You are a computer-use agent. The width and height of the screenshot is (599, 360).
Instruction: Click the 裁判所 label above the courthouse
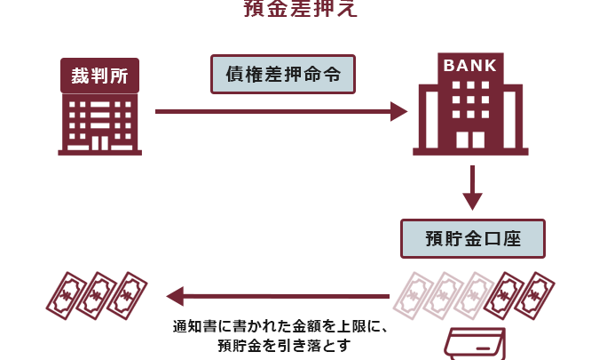(x=99, y=76)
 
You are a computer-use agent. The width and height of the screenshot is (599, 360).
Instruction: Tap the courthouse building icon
(x=99, y=124)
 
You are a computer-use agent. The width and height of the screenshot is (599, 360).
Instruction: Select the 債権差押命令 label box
(x=283, y=75)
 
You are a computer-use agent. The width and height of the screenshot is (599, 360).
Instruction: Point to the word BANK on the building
(x=471, y=65)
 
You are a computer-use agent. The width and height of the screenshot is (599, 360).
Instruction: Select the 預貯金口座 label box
(x=472, y=238)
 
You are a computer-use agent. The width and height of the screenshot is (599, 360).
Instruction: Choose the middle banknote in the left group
(x=97, y=294)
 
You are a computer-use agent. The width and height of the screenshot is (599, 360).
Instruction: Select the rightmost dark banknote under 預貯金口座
(x=534, y=294)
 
